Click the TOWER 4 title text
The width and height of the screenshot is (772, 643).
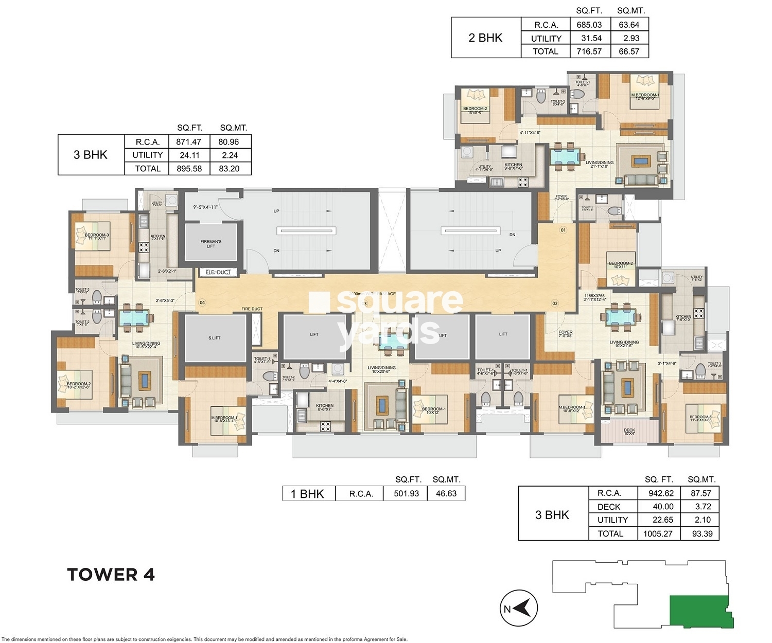point(111,575)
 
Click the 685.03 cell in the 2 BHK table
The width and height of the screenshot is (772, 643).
point(589,25)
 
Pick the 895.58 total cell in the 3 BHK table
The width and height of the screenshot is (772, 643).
point(189,169)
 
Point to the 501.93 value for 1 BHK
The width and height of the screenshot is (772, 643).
point(406,493)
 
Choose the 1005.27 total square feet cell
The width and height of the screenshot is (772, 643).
point(658,533)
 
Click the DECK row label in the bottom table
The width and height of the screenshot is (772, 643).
point(609,507)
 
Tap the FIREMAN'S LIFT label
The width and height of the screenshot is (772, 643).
point(211,244)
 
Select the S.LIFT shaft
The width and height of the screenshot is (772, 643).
point(215,338)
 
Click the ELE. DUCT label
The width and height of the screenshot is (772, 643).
point(218,272)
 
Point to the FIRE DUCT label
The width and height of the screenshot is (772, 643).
point(252,309)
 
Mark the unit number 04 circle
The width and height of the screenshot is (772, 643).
point(202,302)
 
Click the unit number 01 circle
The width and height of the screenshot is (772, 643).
point(563,230)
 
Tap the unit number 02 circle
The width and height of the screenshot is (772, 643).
point(555,303)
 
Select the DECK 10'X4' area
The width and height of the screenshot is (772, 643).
point(629,432)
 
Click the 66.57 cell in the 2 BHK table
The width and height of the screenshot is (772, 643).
point(629,51)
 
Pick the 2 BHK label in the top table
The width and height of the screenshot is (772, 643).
point(485,38)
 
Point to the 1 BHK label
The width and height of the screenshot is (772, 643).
point(307,494)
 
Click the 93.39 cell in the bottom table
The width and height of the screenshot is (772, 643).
point(702,533)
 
